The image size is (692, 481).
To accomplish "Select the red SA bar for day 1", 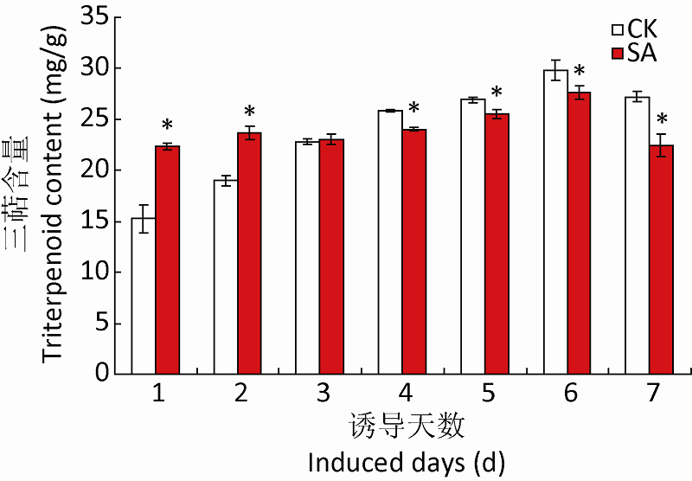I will point(168,260).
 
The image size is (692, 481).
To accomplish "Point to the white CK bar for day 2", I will point(226,277).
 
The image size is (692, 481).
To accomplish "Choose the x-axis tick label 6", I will point(570,394).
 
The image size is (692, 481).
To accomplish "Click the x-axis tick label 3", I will point(323,394).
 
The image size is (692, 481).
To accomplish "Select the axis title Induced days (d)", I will point(407,461).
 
